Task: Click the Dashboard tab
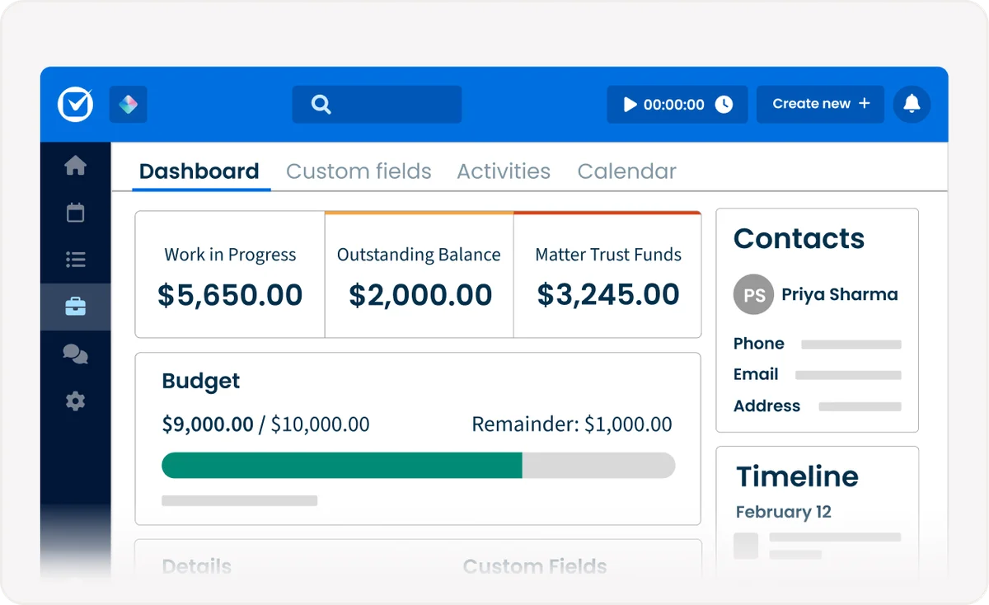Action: tap(199, 171)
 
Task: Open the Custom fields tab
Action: tap(359, 171)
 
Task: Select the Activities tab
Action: tap(504, 171)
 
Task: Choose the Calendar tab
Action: tap(626, 171)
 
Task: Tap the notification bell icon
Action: tap(912, 104)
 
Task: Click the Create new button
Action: tap(820, 104)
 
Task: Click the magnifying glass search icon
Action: tap(321, 104)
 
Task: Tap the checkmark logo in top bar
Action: tap(76, 105)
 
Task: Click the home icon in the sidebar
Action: tap(75, 166)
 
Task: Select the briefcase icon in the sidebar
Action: tap(75, 307)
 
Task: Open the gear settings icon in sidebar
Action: tap(75, 401)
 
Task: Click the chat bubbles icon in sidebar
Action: tap(75, 354)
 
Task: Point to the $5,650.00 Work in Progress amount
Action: tap(230, 295)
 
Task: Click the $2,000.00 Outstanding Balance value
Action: tap(420, 295)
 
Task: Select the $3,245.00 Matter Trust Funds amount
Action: tap(608, 294)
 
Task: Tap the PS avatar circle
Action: tap(753, 295)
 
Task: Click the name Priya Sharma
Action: tap(839, 294)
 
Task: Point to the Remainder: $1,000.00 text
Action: tap(571, 424)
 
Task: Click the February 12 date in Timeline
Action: tap(783, 512)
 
